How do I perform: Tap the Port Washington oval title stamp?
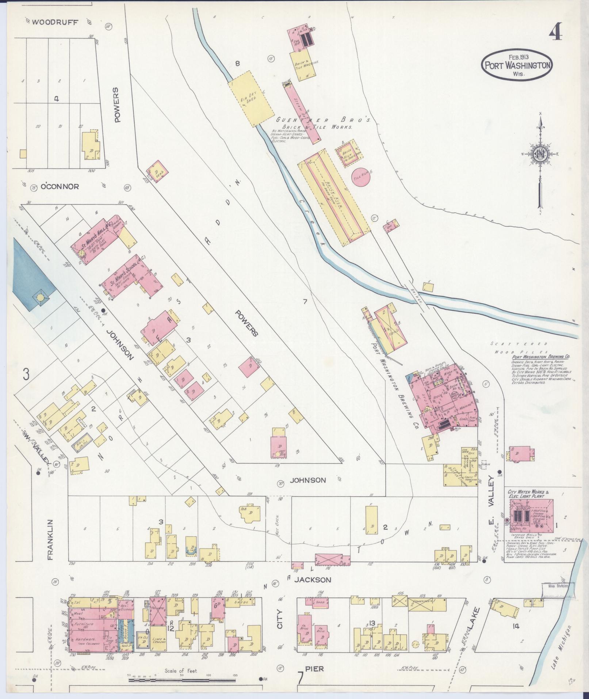(x=518, y=65)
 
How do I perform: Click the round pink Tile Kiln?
(x=361, y=177)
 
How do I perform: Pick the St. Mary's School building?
(x=126, y=276)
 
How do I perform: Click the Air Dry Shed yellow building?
(x=251, y=98)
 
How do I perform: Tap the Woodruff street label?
(x=55, y=22)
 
